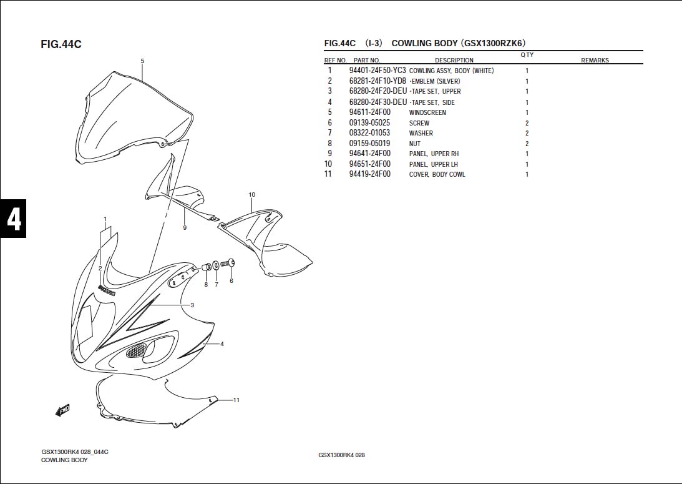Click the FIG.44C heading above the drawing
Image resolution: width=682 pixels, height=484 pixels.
[x=61, y=44]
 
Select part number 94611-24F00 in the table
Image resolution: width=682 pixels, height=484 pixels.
[x=369, y=112]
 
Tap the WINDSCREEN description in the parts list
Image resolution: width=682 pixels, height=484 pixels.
[x=427, y=112]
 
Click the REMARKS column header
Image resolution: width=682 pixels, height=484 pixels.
[x=594, y=61]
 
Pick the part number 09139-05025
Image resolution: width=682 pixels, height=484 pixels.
[x=369, y=123]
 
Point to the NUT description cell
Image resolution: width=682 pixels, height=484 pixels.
[x=415, y=144]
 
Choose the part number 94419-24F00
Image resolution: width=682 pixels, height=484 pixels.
[x=369, y=174]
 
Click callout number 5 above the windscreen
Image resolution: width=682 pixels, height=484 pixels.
[x=142, y=61]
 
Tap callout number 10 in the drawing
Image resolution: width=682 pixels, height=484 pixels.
[x=252, y=195]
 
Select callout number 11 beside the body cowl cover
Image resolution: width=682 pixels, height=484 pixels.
[x=236, y=400]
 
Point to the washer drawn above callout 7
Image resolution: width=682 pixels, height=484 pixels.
[x=216, y=265]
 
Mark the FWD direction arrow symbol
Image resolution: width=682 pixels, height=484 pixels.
[x=62, y=410]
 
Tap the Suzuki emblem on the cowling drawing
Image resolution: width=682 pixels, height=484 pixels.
[x=107, y=290]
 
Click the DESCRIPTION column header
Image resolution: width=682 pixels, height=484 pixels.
[x=454, y=61]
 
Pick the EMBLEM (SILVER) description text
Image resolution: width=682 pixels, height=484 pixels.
[x=435, y=81]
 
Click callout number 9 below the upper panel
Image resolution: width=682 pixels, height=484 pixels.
[x=185, y=228]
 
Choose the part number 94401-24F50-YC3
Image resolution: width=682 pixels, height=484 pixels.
[x=378, y=71]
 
